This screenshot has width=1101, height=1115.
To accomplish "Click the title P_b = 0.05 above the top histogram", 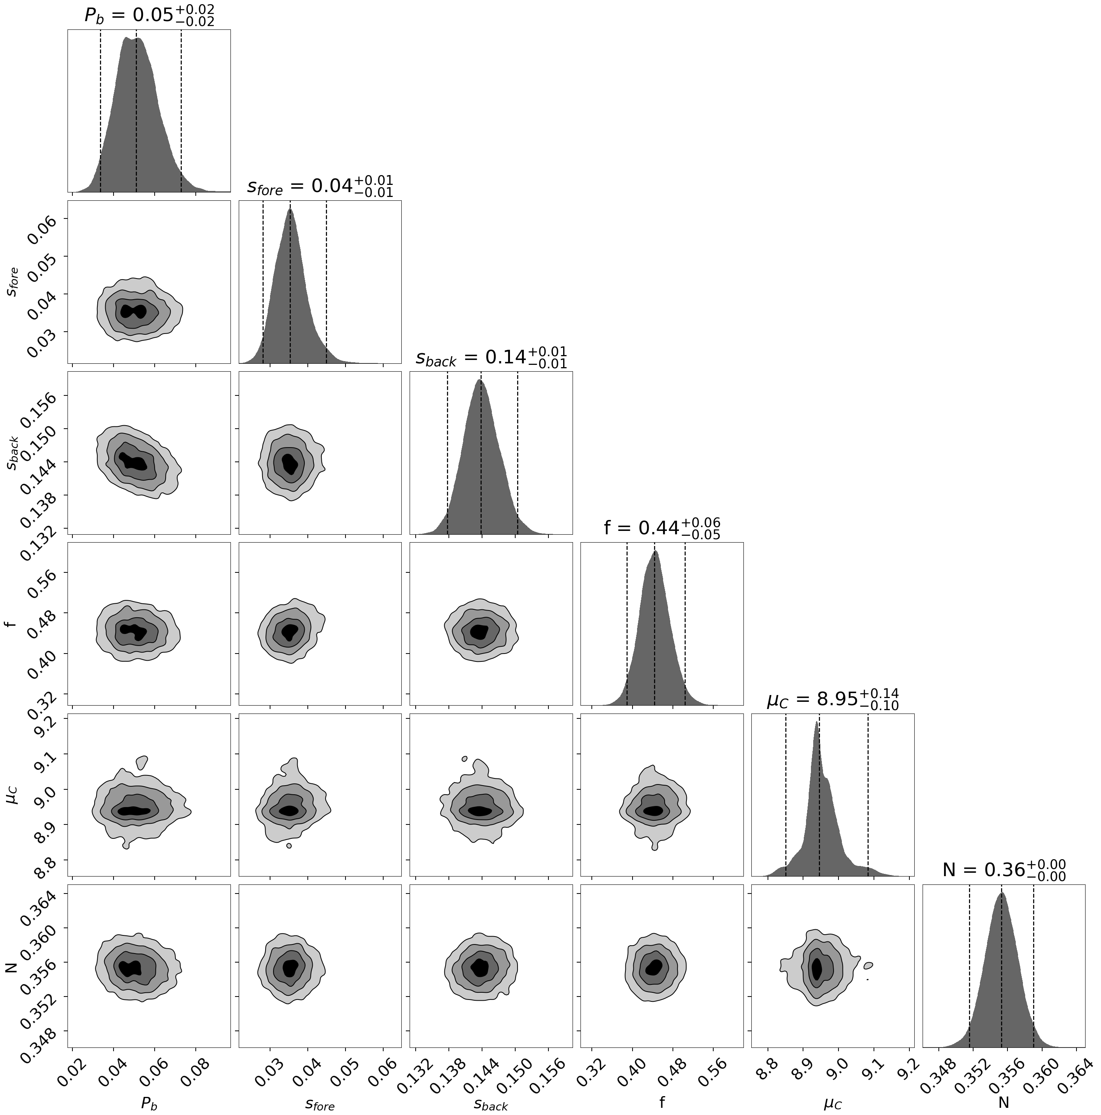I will [149, 15].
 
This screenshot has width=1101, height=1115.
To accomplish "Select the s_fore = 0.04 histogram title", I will [320, 186].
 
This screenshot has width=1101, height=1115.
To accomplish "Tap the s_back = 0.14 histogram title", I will [491, 357].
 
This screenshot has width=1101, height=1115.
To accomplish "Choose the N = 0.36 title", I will [1003, 870].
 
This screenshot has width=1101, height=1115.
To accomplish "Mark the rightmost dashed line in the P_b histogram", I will [181, 110].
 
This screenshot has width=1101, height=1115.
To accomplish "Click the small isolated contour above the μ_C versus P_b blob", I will [141, 762].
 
